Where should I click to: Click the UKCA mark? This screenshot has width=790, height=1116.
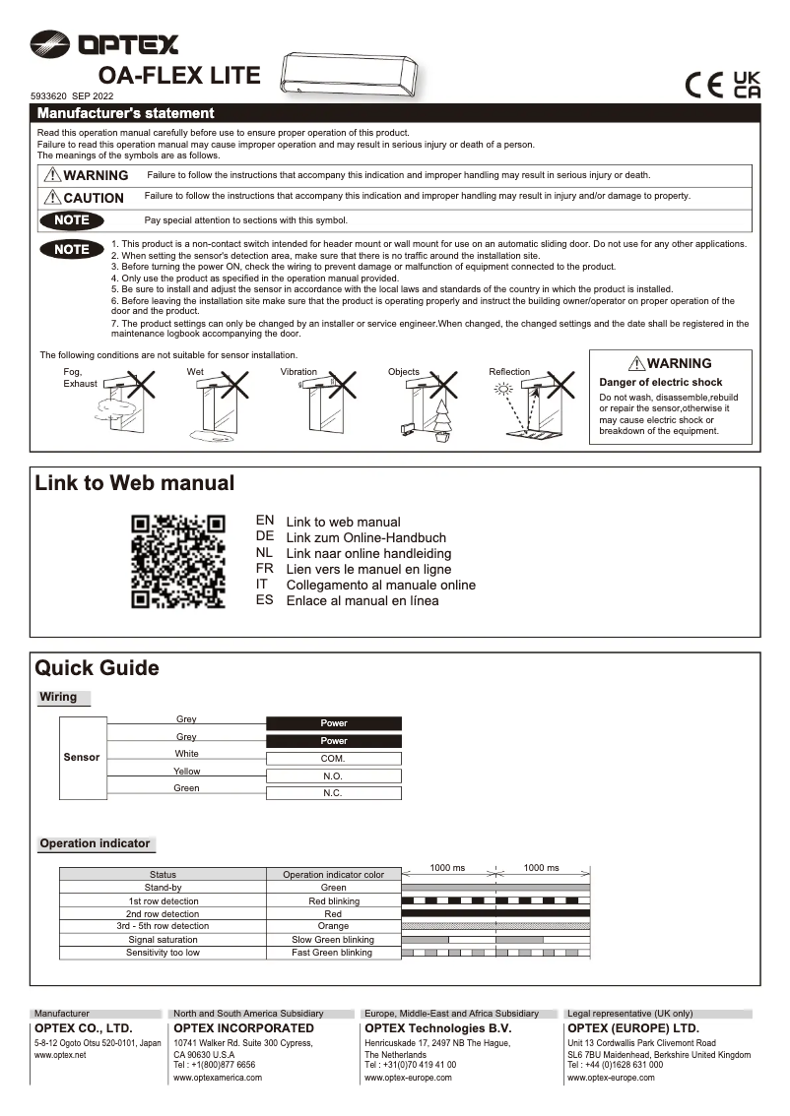click(x=748, y=84)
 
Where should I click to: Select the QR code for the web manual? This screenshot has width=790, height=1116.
click(x=178, y=561)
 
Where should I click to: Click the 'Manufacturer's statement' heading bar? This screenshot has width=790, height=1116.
click(x=394, y=113)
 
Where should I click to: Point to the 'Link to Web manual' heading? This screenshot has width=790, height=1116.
click(x=135, y=483)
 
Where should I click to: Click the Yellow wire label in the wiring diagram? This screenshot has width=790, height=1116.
click(x=186, y=772)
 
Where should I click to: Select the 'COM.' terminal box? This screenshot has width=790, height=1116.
click(x=333, y=759)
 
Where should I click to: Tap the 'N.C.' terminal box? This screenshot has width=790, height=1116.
click(x=333, y=793)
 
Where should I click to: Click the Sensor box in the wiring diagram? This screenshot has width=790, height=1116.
click(x=82, y=758)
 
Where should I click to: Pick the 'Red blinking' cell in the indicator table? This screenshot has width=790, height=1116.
click(x=333, y=901)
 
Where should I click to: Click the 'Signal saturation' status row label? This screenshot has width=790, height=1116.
click(x=163, y=940)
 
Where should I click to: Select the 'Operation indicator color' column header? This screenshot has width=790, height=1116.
click(x=333, y=874)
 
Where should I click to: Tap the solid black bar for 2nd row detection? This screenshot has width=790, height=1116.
click(x=495, y=913)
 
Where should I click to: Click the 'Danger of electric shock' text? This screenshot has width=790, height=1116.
click(x=661, y=382)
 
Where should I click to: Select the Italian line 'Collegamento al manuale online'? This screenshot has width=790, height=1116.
click(x=380, y=585)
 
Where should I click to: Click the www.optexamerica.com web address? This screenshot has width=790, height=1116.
click(x=218, y=1078)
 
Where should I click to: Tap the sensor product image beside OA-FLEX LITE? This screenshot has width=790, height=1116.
click(x=350, y=74)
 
